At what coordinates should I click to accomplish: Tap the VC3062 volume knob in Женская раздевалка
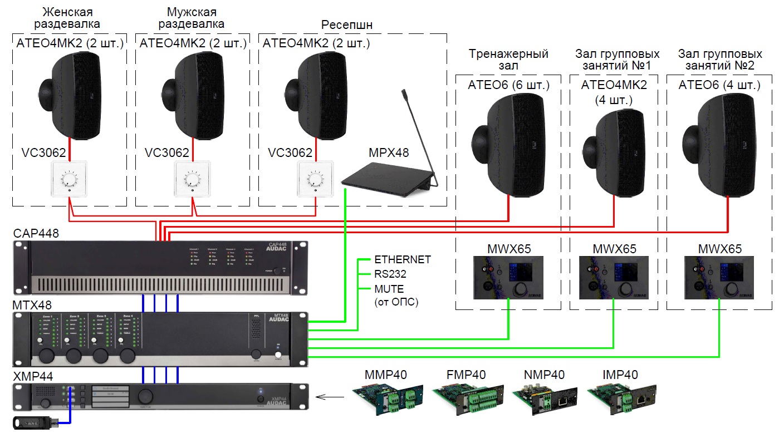[x=69, y=179]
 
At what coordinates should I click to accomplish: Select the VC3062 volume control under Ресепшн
[x=315, y=179]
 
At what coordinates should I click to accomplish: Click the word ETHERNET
[x=402, y=259]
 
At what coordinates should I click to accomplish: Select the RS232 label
[x=390, y=274]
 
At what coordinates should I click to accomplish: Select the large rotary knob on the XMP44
[x=145, y=396]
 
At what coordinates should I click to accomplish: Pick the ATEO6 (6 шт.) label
[x=508, y=85]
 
